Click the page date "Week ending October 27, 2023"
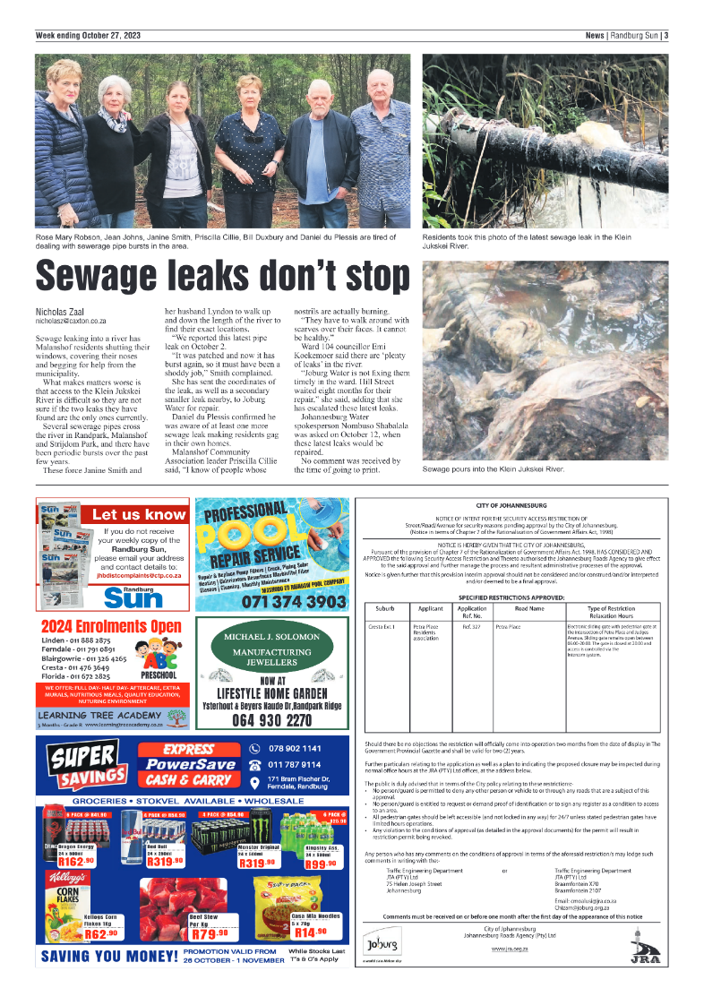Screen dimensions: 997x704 (x=87, y=36)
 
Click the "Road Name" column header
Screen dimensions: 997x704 (x=528, y=609)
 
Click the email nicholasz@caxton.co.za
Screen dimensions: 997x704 (x=71, y=320)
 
